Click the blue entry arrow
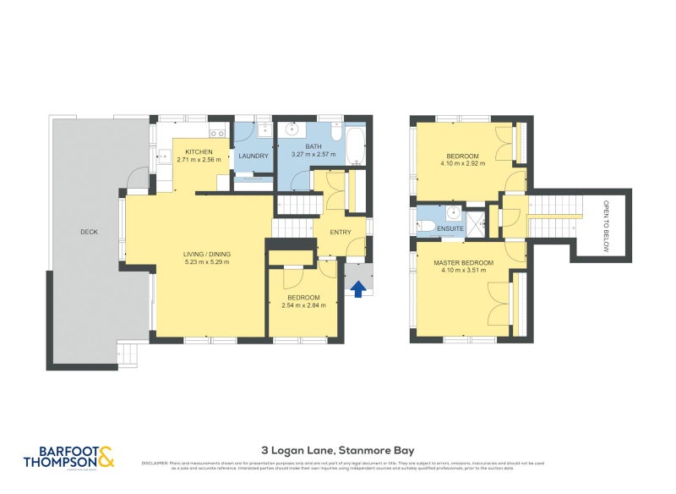pos(358,289)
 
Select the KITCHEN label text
pos(200,152)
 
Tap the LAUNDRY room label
pos(253,156)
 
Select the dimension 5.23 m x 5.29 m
pos(207,262)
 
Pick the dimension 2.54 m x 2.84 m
pos(303,306)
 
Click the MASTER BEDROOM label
pos(462,263)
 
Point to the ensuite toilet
pos(425,227)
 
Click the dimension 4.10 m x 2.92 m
pos(462,164)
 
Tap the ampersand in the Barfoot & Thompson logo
pos(106,457)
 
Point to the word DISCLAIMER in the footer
pos(155,463)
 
